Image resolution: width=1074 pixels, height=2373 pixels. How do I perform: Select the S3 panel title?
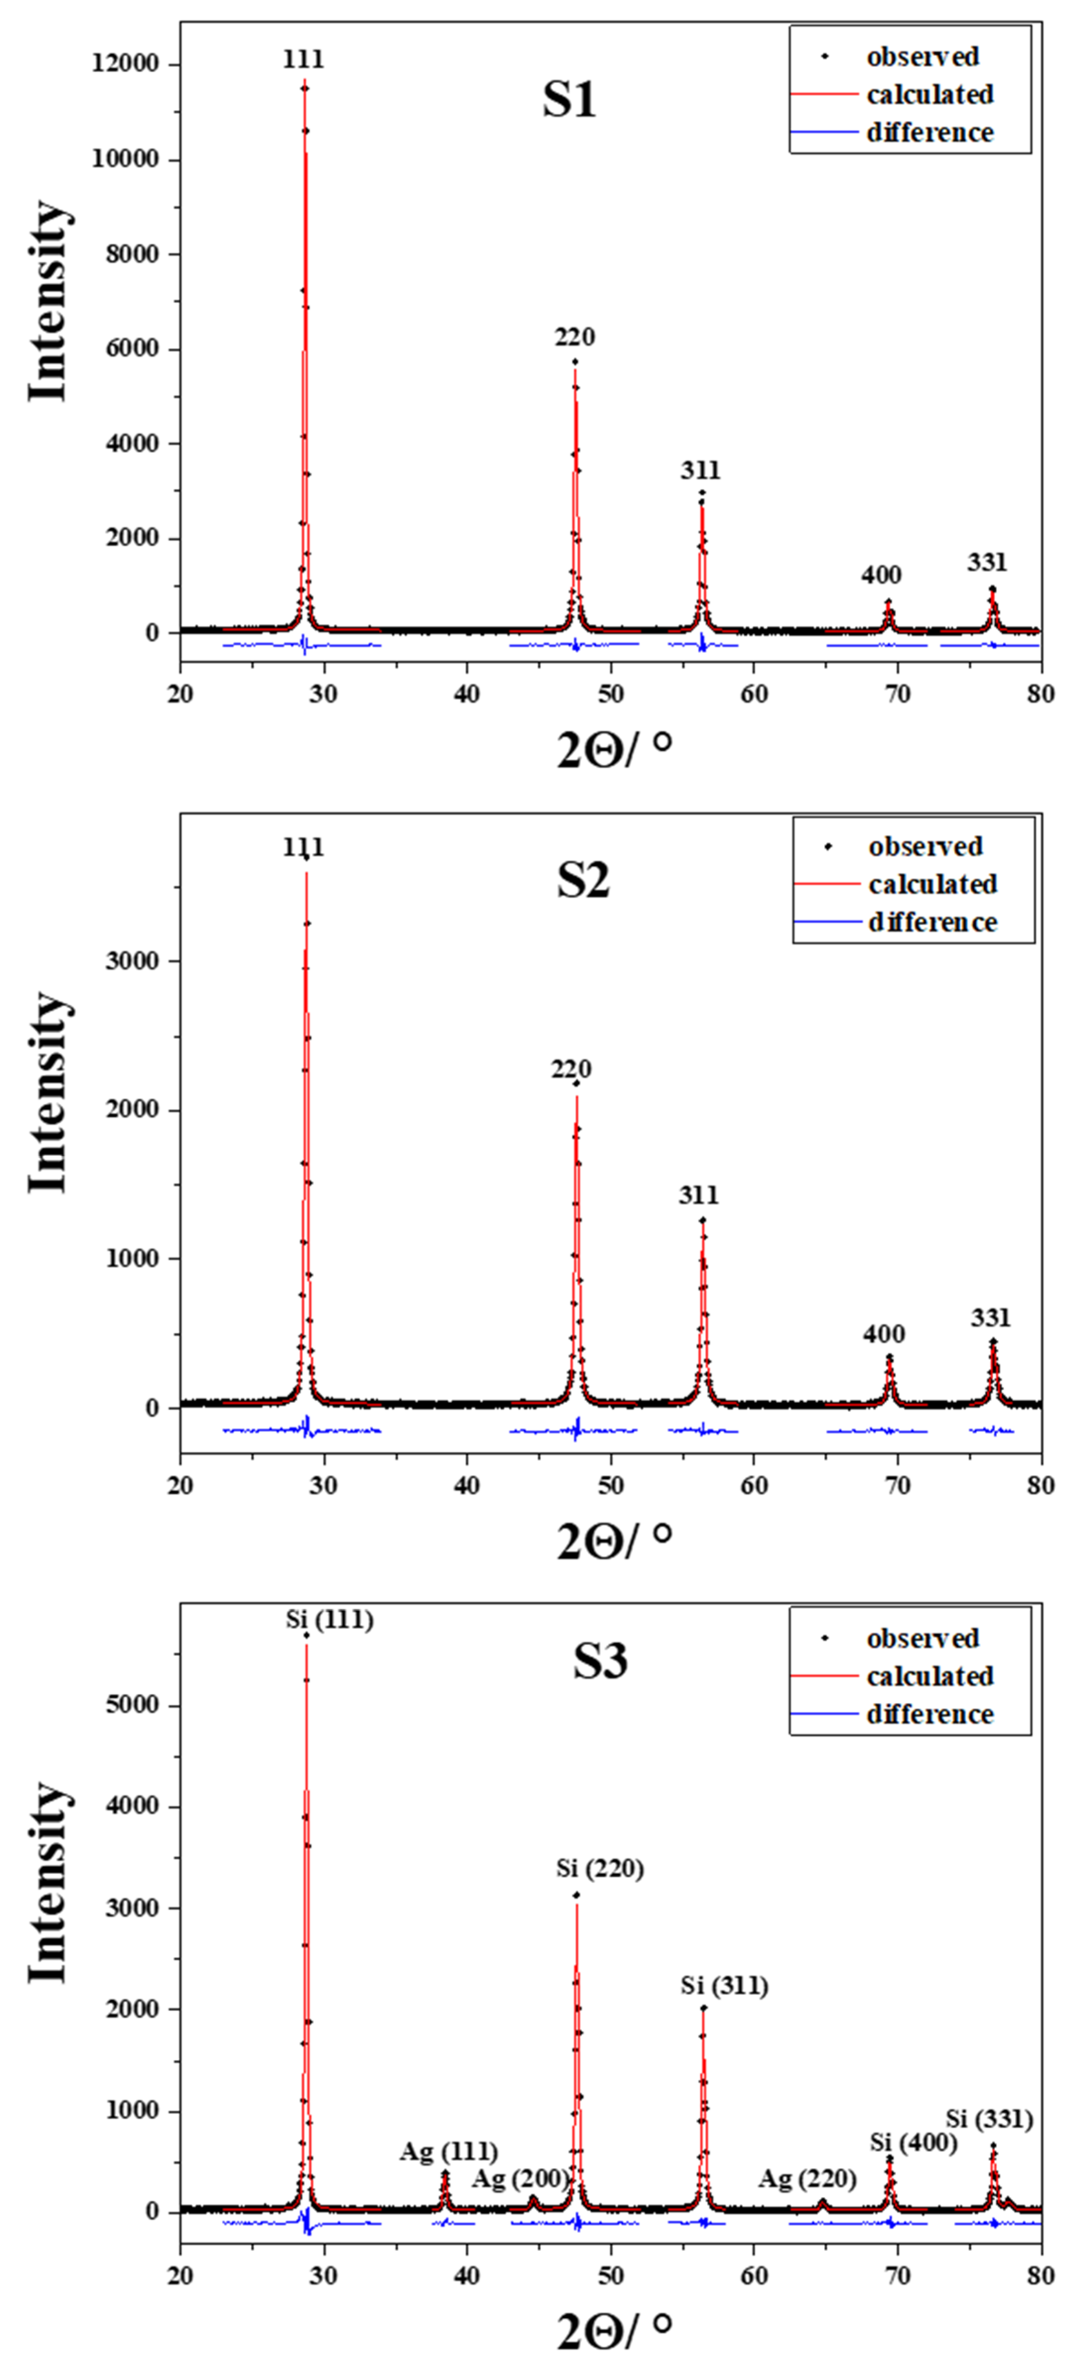click(600, 1661)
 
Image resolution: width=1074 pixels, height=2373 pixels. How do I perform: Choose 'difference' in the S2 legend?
click(932, 922)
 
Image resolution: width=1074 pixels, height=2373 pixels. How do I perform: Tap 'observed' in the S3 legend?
click(922, 1639)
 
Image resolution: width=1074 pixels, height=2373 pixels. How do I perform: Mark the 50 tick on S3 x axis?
click(610, 2275)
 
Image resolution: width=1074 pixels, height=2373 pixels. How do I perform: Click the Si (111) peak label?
click(329, 1620)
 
